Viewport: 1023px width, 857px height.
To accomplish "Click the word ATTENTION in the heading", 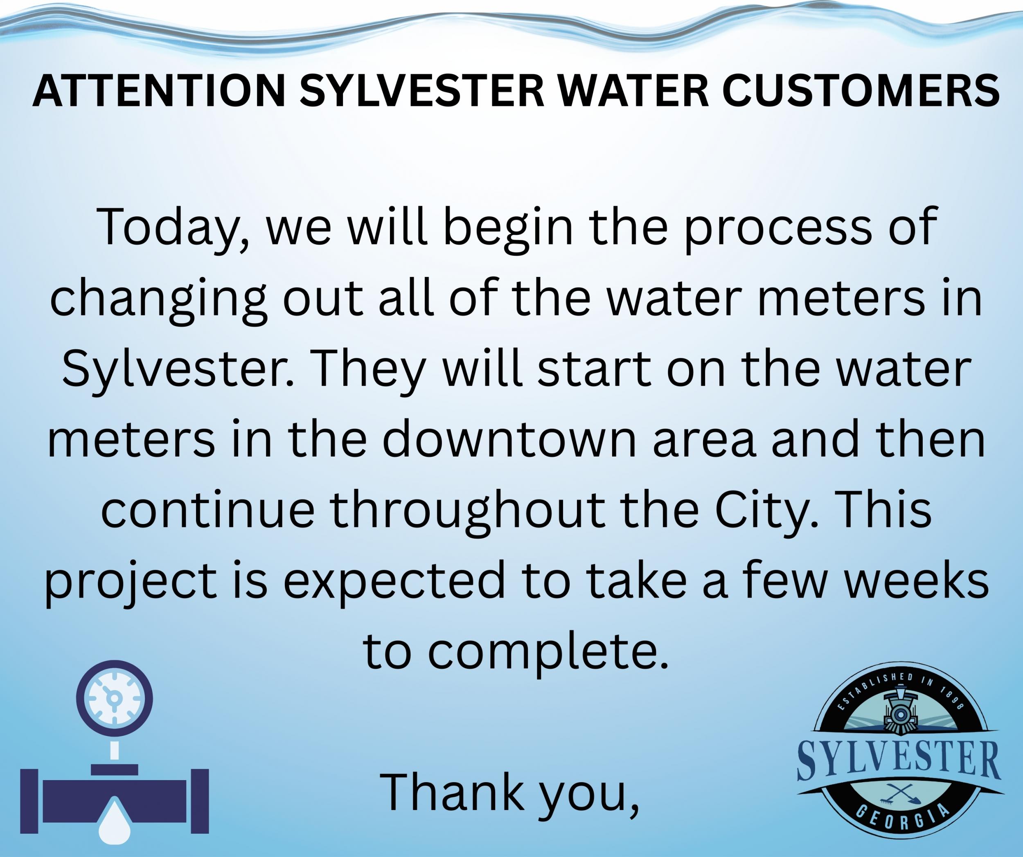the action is click(x=159, y=91).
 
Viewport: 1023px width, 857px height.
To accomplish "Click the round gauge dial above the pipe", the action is click(x=115, y=699).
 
